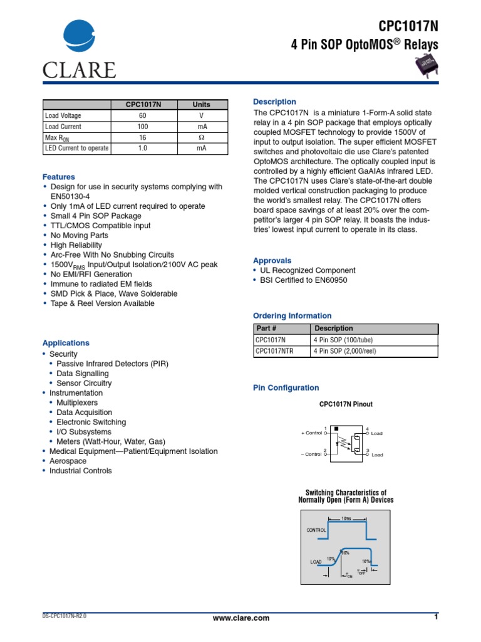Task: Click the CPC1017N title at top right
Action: [408, 26]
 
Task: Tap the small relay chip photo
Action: [428, 65]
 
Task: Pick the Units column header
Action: [201, 105]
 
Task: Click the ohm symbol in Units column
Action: [201, 137]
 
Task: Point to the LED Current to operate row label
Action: [76, 149]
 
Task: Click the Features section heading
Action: [58, 177]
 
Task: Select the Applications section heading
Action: [66, 343]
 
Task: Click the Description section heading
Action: [274, 102]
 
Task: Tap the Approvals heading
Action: [272, 260]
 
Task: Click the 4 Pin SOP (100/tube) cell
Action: [344, 340]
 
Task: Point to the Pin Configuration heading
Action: [286, 388]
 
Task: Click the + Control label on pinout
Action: [311, 433]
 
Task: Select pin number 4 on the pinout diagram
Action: [368, 427]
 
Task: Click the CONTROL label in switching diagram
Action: [316, 530]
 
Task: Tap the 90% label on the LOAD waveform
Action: [344, 553]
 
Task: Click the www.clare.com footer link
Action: [241, 618]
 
